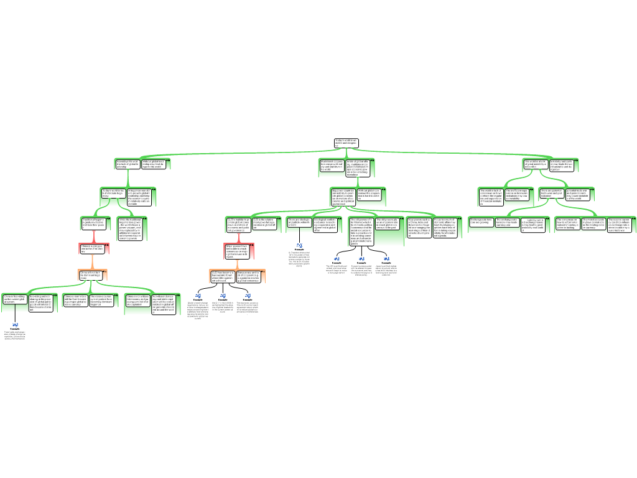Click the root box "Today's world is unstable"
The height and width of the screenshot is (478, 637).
[346, 143]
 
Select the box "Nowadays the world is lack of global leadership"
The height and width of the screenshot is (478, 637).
[128, 164]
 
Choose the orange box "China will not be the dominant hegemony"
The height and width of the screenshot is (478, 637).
[92, 274]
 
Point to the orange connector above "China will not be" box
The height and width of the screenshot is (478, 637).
[93, 261]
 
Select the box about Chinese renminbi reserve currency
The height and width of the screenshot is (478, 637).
[76, 301]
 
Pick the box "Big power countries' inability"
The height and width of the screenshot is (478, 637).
[343, 197]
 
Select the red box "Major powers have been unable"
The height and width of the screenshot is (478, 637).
[239, 251]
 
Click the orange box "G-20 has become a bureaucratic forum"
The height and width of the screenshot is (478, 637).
[223, 276]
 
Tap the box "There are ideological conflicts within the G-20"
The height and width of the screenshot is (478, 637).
[299, 223]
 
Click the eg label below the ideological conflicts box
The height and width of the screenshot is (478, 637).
[299, 245]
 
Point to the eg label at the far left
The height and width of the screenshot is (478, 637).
[15, 324]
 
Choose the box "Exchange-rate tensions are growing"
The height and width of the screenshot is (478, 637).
[481, 222]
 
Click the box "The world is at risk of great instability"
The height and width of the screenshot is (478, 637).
[535, 164]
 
